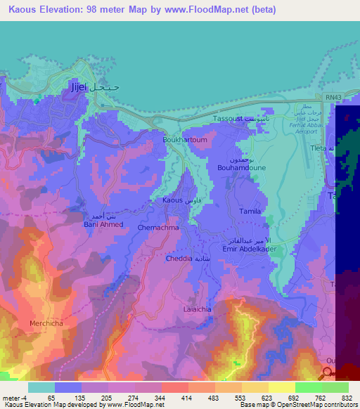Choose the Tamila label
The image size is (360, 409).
(x=250, y=211)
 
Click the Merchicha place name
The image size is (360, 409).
(x=46, y=323)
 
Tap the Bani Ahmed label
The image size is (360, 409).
(x=103, y=224)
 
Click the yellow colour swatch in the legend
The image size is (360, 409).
(x=281, y=387)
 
